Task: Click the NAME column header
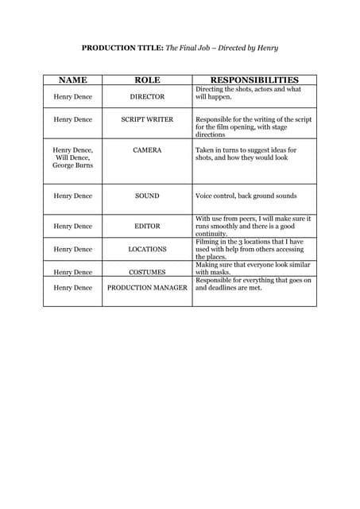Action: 72,80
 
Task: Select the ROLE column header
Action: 147,80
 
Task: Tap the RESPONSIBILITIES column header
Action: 254,80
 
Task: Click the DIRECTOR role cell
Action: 147,96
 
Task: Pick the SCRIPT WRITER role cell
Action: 147,119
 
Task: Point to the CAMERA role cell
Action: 147,150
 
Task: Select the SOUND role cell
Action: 147,196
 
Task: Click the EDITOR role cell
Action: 147,226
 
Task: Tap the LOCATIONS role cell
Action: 147,249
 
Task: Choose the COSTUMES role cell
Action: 147,272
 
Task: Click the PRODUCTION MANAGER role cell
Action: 147,287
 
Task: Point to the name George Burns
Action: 72,165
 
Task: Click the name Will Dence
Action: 72,157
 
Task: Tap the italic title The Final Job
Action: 188,49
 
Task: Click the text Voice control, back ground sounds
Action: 246,196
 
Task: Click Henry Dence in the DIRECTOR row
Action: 72,96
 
